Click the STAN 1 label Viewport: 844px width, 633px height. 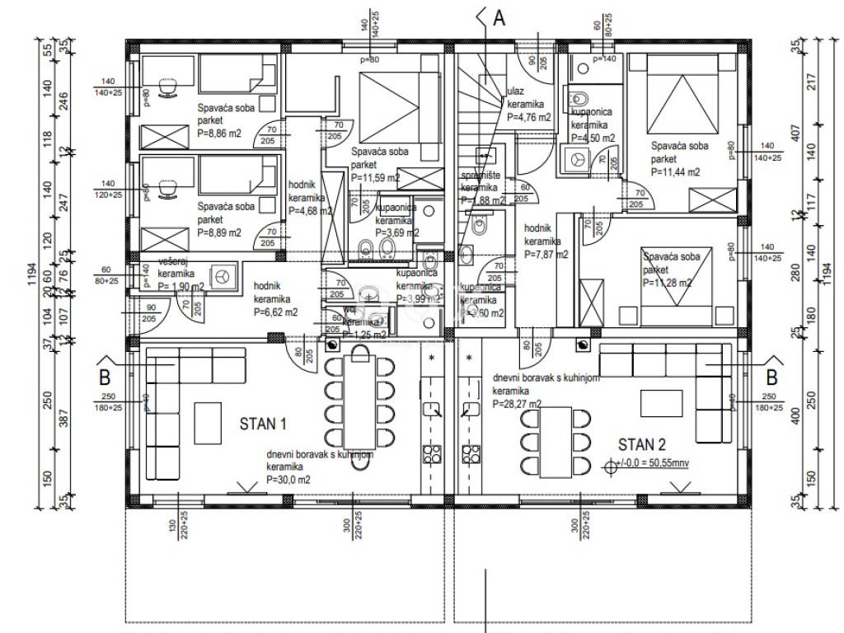point(262,424)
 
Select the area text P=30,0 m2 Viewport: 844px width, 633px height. point(288,480)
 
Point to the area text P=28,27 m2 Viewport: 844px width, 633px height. point(517,405)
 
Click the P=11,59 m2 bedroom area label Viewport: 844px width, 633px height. point(376,177)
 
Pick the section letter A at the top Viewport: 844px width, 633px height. point(498,19)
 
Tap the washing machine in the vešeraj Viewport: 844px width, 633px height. point(221,277)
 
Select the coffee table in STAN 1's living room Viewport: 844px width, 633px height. point(207,421)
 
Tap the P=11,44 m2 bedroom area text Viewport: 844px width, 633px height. point(675,171)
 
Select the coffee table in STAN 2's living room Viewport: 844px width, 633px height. point(665,401)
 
